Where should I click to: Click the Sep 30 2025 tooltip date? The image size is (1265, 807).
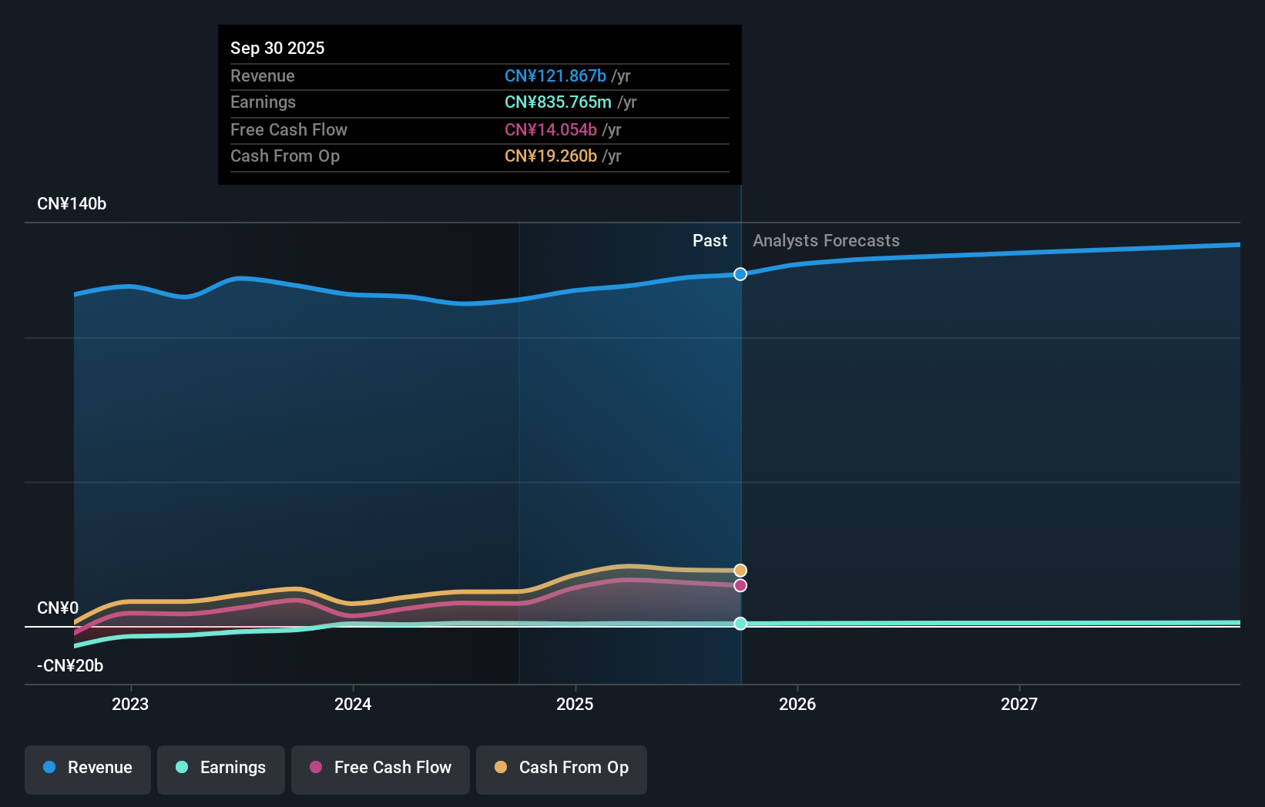(277, 48)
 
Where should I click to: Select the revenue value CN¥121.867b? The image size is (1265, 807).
(555, 75)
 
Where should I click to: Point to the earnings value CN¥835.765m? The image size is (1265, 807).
(558, 102)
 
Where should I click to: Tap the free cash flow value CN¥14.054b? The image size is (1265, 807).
(551, 130)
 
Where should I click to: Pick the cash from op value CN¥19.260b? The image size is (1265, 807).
(551, 156)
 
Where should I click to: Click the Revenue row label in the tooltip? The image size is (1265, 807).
(263, 75)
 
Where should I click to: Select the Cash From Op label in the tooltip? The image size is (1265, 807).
(285, 156)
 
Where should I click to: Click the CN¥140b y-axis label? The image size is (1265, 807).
(72, 204)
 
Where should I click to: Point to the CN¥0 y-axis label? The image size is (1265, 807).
(58, 608)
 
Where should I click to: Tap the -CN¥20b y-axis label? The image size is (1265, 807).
(70, 666)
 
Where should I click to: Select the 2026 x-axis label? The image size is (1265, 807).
(797, 704)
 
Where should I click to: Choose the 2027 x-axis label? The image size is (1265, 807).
(1019, 704)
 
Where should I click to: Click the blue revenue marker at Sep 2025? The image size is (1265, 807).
(740, 274)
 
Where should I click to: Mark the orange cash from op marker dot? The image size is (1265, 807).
(740, 571)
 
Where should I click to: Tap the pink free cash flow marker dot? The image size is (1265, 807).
(740, 586)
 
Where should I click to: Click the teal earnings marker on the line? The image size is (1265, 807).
(740, 624)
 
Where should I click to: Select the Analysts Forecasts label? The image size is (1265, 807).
(826, 241)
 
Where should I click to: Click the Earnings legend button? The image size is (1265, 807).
(221, 770)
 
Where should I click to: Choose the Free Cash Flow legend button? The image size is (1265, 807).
(381, 770)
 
